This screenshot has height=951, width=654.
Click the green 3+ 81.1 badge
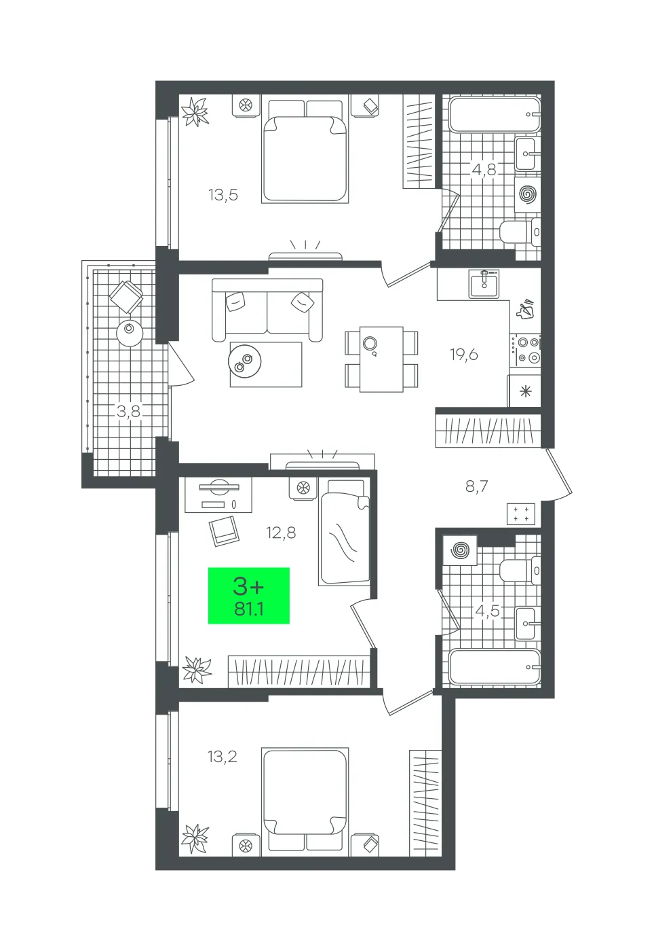[248, 595]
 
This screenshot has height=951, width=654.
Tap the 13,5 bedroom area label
[223, 195]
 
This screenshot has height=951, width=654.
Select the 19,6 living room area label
[464, 354]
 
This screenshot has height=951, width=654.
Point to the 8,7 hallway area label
[477, 486]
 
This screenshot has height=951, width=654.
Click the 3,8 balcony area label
[128, 411]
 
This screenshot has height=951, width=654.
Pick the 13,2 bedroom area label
[223, 756]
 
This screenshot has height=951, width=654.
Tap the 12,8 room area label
[281, 532]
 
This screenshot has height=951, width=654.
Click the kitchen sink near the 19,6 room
[484, 284]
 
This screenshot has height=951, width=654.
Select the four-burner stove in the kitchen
[526, 350]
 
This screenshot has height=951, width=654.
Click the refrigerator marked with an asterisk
[525, 391]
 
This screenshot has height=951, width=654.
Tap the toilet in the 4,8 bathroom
[520, 232]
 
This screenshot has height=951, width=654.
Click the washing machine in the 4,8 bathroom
[527, 194]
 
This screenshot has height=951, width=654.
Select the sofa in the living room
[267, 310]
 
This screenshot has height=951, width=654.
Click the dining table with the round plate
[381, 359]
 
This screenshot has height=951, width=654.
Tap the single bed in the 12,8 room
[344, 532]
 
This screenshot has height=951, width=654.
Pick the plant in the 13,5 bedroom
[195, 111]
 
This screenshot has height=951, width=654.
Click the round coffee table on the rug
[244, 361]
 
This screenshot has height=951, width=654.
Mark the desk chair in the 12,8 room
[224, 531]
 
